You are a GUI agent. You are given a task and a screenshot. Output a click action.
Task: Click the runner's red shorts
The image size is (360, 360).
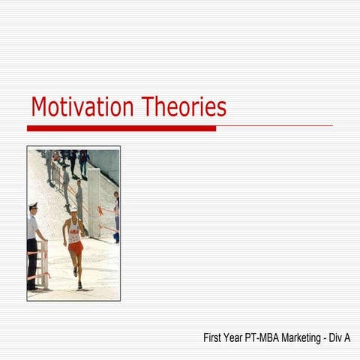[75, 248]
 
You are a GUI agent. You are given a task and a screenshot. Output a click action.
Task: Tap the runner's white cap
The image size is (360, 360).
[73, 212]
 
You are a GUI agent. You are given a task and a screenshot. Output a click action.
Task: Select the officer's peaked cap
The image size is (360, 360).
[32, 205]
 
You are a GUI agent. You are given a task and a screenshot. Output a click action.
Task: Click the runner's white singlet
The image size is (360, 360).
[74, 232]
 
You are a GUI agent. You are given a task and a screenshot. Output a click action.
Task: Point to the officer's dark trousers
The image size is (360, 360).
[32, 262]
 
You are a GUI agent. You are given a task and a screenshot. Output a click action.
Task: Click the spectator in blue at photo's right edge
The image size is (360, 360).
[116, 217]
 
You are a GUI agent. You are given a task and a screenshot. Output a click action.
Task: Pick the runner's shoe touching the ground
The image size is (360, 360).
[79, 285]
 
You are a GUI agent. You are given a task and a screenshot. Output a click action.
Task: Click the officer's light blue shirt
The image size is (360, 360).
[33, 226]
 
